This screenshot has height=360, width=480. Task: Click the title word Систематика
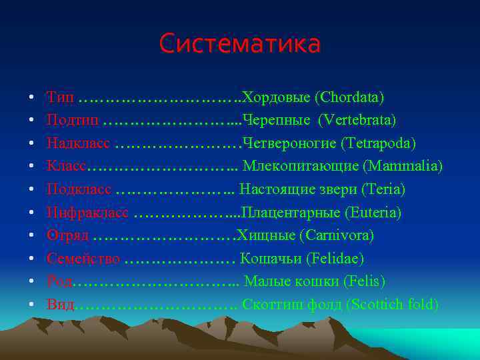coord(240,44)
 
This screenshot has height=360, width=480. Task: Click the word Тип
coord(61,98)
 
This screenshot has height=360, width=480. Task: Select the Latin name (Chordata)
coord(352,98)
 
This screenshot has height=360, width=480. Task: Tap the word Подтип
coord(73,121)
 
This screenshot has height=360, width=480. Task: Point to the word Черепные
coord(277,121)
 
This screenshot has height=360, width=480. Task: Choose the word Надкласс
coord(79,143)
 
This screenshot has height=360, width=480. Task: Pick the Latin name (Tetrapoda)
coord(379,143)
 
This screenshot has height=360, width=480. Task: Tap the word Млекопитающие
coord(301,167)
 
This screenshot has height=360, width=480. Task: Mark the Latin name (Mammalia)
coord(403,167)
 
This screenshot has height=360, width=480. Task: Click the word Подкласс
coord(79,189)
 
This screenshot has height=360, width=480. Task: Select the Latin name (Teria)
coord(383,189)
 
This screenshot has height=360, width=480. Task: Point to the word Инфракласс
coord(88,213)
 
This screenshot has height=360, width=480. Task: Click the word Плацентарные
coord(291,213)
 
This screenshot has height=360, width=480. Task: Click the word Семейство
coord(83,259)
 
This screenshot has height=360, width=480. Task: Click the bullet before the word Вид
coord(31,305)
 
